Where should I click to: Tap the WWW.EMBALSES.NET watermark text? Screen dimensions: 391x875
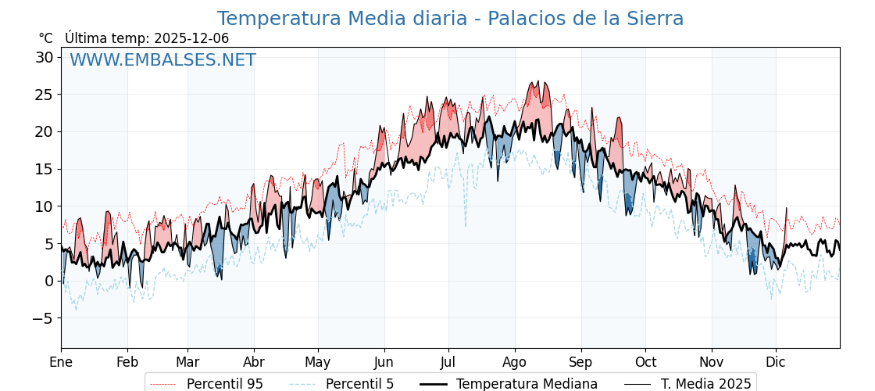coord(162,60)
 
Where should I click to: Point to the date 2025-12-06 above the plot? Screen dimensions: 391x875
coord(191,38)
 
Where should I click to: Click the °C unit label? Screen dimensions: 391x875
coord(45,38)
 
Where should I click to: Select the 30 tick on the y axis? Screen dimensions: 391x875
coord(44,57)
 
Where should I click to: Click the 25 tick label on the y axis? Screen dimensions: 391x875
coord(44,95)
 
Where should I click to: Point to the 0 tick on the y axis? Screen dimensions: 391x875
coord(48,281)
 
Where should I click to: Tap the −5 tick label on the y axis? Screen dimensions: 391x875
coord(43,318)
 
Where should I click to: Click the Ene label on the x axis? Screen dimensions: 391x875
coord(61,362)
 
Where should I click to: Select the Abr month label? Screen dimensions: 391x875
coord(254,362)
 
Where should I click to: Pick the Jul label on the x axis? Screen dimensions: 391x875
coord(448,362)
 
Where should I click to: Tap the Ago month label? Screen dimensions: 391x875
coord(515,362)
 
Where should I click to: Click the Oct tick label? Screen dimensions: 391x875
coord(645,362)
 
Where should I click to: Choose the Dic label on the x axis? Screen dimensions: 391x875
coord(776,362)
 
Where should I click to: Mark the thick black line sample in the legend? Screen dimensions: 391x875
coord(434,384)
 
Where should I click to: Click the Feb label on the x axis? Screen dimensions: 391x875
coord(127,362)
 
